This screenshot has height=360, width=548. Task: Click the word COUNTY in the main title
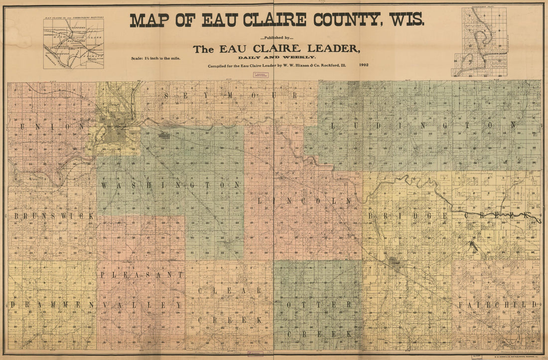(x=345, y=20)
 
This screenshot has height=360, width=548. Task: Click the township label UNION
(x=53, y=127)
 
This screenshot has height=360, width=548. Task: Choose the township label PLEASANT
(x=142, y=275)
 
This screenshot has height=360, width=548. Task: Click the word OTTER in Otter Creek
(x=319, y=304)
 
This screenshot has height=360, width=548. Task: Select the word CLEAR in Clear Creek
(x=230, y=290)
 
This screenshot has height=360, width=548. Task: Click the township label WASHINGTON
(x=171, y=185)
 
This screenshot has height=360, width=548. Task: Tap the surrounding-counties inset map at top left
(x=74, y=43)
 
